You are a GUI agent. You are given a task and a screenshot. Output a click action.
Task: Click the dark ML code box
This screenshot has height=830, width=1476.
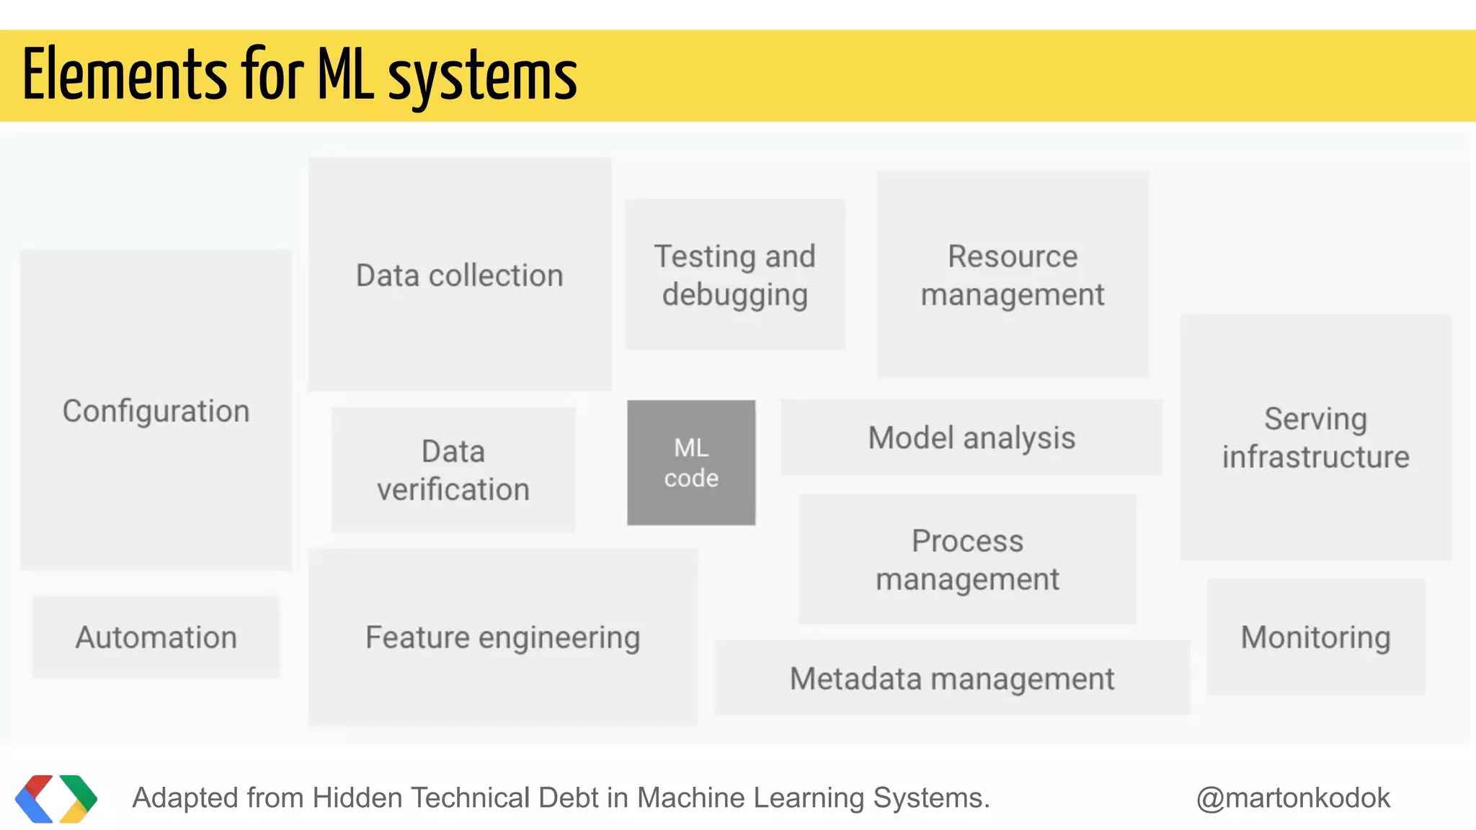[x=691, y=463]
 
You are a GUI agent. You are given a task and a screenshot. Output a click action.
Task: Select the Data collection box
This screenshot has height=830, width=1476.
[x=460, y=275]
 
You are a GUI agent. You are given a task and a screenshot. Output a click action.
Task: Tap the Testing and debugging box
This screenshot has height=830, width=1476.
[x=734, y=275]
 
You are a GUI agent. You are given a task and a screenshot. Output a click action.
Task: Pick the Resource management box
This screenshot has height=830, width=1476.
[x=1013, y=275]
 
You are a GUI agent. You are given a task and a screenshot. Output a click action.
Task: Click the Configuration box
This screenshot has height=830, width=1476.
[x=156, y=411]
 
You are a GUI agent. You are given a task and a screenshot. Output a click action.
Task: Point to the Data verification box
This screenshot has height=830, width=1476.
[x=453, y=470]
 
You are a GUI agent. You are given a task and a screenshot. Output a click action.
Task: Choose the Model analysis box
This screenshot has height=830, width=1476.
[x=972, y=437]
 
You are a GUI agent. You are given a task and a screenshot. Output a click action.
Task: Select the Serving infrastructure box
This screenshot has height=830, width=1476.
[x=1315, y=437]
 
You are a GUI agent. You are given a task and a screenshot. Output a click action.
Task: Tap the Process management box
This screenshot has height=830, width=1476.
[x=967, y=559]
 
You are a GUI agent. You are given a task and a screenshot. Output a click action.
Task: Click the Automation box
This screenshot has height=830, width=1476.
[x=156, y=637]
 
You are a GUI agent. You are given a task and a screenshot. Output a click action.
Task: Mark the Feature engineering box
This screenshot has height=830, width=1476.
[x=502, y=637]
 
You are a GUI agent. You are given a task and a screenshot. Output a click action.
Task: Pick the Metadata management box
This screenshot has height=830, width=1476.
[x=951, y=678]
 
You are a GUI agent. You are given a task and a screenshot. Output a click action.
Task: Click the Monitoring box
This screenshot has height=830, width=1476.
[x=1315, y=637]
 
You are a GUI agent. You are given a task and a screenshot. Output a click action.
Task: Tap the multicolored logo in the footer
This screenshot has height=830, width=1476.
[x=55, y=798]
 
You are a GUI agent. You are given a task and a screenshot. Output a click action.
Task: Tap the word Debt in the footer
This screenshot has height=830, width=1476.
[x=571, y=798]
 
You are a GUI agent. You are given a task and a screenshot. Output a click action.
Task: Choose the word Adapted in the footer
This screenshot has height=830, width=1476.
[x=184, y=798]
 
